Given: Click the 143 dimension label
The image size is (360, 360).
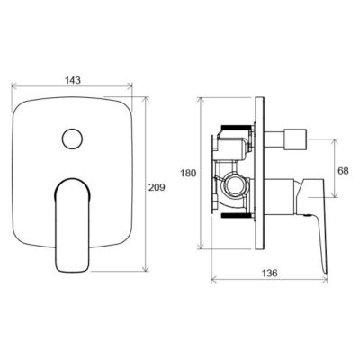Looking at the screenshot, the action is pos(73,80).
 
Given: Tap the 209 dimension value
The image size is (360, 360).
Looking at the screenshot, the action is pos(157,187).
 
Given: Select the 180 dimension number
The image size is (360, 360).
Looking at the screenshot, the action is pos(188,173).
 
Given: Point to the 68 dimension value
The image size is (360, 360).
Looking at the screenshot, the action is pos(343,171).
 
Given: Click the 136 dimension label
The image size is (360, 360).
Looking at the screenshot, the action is pos(269,273).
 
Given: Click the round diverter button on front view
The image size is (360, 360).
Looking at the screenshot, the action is pos(72,139).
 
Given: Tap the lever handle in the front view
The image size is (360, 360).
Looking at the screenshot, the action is pos(72,225).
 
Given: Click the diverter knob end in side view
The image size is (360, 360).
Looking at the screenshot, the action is pos(295,139).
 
